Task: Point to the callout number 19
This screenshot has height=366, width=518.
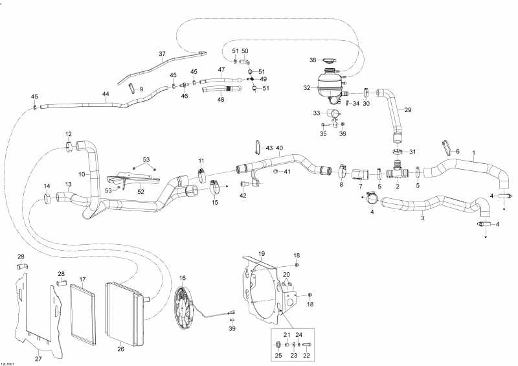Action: tap(262, 253)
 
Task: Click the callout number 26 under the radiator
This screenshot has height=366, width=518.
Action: tap(120, 349)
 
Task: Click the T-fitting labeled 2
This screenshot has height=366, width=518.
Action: tap(397, 174)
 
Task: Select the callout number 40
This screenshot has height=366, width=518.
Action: tap(280, 148)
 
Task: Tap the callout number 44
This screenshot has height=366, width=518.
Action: tap(106, 95)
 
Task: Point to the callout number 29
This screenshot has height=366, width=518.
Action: tap(408, 109)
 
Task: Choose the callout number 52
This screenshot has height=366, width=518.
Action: tap(141, 192)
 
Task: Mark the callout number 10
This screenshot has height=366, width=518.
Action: tap(82, 174)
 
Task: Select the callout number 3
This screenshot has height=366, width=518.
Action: tap(423, 218)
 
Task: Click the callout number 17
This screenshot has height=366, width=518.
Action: tap(83, 280)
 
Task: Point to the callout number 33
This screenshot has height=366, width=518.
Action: tap(317, 113)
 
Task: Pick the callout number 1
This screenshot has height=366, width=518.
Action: tap(473, 153)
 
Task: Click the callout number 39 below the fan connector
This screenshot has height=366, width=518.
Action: tap(232, 329)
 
